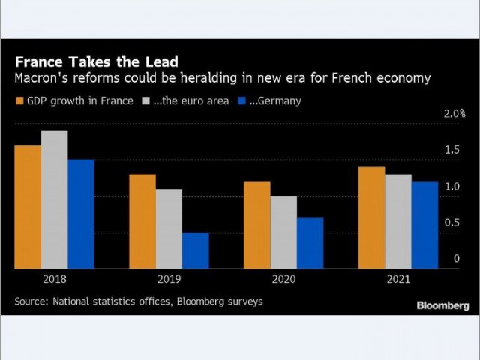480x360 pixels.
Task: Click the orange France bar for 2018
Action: click(28, 207)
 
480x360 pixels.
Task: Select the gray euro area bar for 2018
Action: click(54, 199)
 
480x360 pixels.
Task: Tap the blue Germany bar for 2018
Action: click(81, 214)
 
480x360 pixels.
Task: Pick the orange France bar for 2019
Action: click(142, 221)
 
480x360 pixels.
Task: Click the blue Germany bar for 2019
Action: click(196, 250)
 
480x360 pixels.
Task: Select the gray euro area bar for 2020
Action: click(283, 232)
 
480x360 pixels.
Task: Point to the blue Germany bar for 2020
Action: click(310, 243)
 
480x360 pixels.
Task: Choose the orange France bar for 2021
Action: click(371, 217)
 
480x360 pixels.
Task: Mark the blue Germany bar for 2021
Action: click(424, 225)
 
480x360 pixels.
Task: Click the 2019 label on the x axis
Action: click(169, 278)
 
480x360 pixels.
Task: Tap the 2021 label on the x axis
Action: click(398, 278)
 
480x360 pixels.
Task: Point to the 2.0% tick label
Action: click(454, 114)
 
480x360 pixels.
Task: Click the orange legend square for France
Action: click(19, 100)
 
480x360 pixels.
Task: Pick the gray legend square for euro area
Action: click(146, 100)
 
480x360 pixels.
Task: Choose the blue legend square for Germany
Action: click(241, 100)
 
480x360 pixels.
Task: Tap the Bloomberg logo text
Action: click(442, 305)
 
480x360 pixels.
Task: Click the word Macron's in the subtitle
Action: click(39, 78)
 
